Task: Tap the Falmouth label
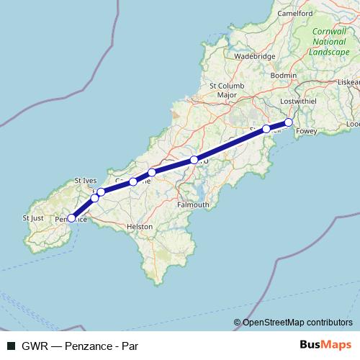192,204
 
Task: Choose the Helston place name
140,226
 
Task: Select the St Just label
33,217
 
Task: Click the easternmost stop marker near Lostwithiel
289,122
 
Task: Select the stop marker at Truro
194,160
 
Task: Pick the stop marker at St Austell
266,129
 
